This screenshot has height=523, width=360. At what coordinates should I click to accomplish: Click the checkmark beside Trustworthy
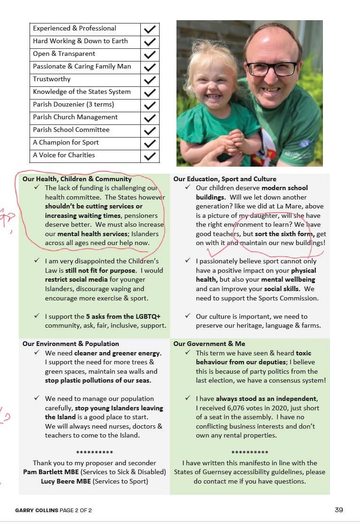click(150, 80)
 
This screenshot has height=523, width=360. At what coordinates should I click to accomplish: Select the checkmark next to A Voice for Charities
click(150, 156)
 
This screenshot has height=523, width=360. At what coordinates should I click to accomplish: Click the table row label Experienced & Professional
click(74, 29)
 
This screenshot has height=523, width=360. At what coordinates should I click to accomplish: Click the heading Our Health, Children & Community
click(77, 179)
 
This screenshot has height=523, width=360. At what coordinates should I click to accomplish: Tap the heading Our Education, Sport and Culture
click(224, 179)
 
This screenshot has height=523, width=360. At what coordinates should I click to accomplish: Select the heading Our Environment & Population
click(70, 344)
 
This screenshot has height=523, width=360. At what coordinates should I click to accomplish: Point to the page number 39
click(339, 510)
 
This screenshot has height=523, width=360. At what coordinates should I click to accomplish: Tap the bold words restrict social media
click(69, 279)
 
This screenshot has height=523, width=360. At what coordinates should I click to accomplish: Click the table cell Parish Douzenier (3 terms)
click(73, 105)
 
